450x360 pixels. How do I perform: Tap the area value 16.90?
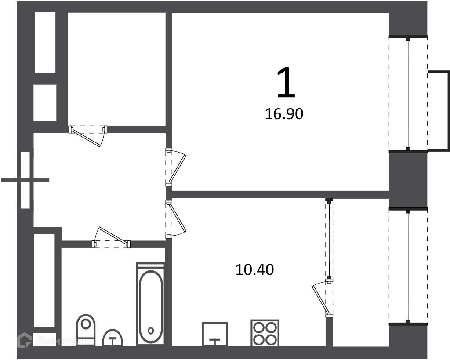(x=284, y=114)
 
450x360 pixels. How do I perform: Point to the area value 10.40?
(x=254, y=269)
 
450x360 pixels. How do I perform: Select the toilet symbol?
(x=86, y=330)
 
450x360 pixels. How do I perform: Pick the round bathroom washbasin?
(x=112, y=338)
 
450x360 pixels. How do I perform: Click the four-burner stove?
(x=265, y=333)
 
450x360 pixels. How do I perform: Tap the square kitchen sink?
(x=215, y=335)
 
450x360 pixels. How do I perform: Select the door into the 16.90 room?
(x=176, y=167)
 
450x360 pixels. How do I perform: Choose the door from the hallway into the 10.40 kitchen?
(x=176, y=219)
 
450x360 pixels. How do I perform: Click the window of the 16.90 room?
(x=408, y=94)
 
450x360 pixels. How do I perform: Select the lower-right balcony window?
(x=408, y=266)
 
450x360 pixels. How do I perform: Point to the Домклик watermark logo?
(x=53, y=341)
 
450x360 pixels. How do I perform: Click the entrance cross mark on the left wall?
(x=25, y=180)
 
